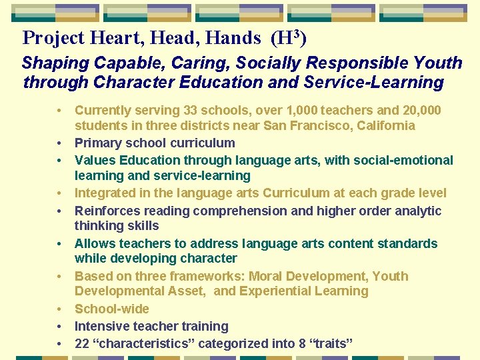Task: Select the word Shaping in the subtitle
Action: tap(54, 63)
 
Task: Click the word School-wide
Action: tap(111, 309)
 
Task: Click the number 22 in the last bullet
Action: tap(83, 343)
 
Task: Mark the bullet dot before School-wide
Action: tap(59, 309)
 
